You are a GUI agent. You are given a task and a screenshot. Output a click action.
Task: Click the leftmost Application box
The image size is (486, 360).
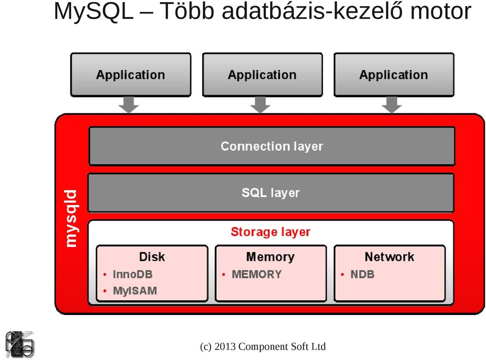131,75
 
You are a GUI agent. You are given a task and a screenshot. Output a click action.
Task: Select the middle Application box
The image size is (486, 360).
262,75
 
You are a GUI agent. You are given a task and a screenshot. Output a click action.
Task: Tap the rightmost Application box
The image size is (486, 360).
394,75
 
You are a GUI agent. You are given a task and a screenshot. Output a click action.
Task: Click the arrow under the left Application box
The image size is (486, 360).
129,105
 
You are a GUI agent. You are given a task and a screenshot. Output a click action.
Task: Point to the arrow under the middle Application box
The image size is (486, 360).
260,105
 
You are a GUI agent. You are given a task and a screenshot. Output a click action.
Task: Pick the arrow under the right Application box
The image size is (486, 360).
392,105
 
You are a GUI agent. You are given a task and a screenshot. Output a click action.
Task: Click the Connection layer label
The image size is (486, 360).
272,146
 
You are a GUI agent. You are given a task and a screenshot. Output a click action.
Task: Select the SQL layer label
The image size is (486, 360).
270,192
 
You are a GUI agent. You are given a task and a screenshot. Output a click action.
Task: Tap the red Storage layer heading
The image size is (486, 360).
270,232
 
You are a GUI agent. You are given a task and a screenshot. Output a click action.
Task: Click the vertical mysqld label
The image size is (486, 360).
71,219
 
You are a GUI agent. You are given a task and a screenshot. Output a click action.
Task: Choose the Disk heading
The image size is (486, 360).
152,257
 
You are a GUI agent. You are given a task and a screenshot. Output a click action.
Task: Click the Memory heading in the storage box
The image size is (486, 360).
270,257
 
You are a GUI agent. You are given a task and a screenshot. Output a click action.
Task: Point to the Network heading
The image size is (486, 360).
390,257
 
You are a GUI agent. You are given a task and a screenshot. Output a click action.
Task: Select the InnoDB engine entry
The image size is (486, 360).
133,274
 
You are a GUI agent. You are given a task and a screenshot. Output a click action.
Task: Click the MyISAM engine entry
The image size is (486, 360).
135,291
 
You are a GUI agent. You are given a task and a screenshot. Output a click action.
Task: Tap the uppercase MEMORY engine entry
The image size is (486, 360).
257,274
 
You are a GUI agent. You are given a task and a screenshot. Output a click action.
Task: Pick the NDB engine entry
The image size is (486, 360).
362,274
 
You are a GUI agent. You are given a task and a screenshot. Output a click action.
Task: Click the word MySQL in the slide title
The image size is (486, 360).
94,11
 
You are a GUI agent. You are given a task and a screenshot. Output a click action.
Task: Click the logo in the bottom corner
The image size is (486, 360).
19,344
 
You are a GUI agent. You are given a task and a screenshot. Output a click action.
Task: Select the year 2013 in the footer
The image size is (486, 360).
225,346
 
